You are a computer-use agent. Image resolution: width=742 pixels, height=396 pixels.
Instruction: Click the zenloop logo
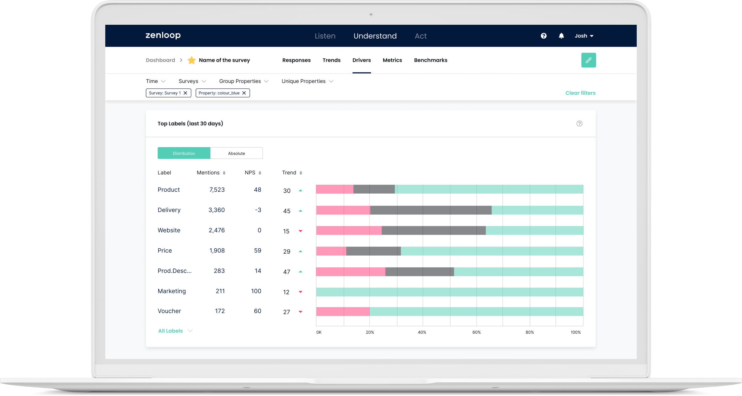click(x=163, y=35)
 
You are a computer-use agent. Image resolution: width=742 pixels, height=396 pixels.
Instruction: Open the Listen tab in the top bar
click(x=325, y=36)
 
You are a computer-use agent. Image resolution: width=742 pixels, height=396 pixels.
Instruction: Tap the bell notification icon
click(x=561, y=36)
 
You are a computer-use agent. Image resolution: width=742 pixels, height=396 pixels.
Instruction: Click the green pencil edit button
click(x=588, y=60)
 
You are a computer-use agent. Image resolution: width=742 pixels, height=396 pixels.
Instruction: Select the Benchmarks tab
click(x=430, y=60)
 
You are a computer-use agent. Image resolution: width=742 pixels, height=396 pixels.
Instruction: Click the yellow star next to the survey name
click(x=192, y=60)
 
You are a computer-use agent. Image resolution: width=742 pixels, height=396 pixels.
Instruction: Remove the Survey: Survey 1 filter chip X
click(x=185, y=93)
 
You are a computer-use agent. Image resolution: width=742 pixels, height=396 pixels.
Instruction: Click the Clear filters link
click(x=580, y=93)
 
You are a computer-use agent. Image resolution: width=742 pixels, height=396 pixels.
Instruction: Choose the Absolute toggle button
click(x=236, y=153)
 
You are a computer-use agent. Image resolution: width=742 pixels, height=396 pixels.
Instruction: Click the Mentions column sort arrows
click(x=224, y=173)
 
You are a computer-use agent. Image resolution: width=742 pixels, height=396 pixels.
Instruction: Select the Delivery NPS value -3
click(x=258, y=210)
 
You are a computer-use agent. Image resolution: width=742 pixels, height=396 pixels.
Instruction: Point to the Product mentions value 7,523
click(x=217, y=190)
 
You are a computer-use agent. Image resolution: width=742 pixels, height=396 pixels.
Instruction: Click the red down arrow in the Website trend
click(x=300, y=231)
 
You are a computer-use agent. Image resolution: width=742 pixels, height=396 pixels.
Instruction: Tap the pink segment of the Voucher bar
click(x=342, y=312)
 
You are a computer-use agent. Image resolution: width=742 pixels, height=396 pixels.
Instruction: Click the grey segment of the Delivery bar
click(x=431, y=210)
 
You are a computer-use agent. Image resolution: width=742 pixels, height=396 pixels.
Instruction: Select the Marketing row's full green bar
click(x=449, y=292)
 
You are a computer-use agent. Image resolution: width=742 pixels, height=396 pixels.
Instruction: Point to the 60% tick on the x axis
click(x=476, y=332)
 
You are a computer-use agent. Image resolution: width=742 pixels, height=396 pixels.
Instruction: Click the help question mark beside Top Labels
click(x=579, y=124)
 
